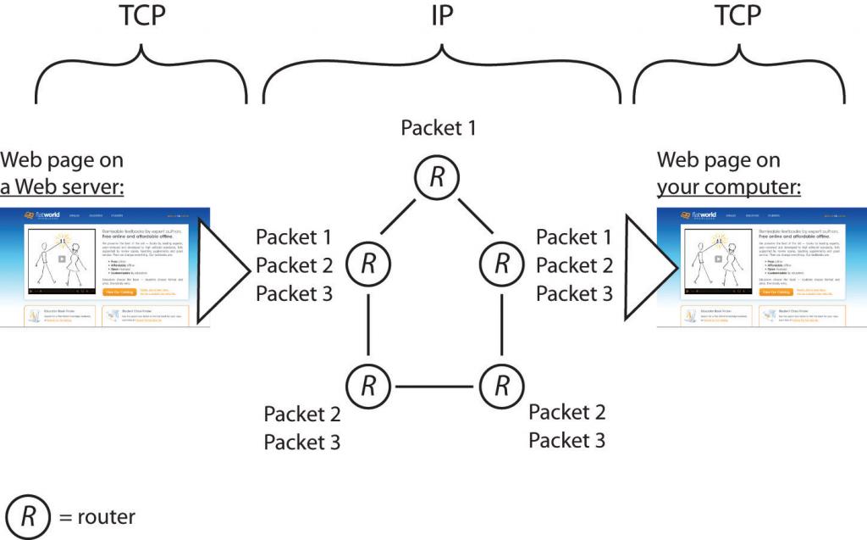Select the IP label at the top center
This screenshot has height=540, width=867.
(x=440, y=17)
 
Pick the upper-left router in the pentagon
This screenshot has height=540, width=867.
(x=368, y=264)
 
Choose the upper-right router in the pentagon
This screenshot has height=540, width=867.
(x=502, y=264)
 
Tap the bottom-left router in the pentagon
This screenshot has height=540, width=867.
(x=368, y=386)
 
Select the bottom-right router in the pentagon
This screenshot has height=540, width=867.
(x=502, y=386)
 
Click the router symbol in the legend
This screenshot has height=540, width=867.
(x=27, y=516)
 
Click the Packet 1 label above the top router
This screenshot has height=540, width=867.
(x=439, y=128)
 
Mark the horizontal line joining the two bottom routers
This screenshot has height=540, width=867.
(x=435, y=387)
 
